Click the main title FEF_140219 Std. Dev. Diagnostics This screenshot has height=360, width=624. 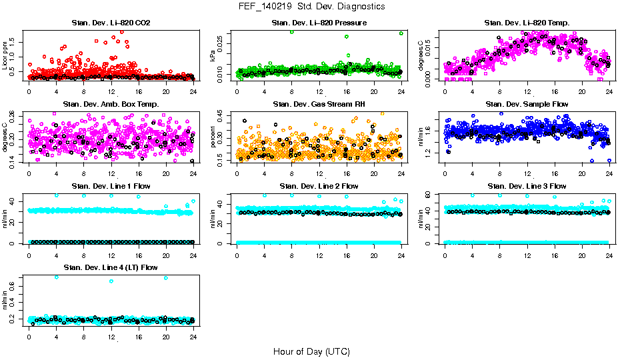point(311,7)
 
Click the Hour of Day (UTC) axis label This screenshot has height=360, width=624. point(311,351)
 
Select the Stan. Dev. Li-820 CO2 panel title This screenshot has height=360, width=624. point(111,23)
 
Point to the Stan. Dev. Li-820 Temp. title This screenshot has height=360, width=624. point(527,23)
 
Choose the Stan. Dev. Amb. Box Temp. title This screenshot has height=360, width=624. point(111,104)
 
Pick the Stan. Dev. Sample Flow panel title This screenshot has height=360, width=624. point(527,104)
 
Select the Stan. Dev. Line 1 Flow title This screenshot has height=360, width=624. point(111,186)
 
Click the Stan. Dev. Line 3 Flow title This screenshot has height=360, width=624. point(527,186)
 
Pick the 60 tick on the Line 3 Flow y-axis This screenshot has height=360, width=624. point(434,195)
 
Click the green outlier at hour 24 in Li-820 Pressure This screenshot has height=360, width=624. point(401,33)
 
